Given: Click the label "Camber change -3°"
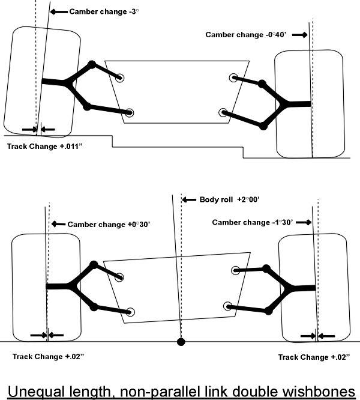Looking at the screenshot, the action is click(104, 12).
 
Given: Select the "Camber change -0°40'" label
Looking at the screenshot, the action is click(246, 35).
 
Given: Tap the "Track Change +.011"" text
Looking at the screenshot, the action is click(45, 147).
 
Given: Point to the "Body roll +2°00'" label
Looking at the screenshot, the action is click(229, 199).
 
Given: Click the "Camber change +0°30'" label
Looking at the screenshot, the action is click(109, 225).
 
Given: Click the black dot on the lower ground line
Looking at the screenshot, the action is click(181, 342).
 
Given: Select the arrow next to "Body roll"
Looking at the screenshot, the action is click(189, 199).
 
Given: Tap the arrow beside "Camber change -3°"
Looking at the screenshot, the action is click(59, 12).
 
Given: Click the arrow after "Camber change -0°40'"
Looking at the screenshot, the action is click(299, 35).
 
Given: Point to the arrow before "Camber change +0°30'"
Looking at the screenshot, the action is click(58, 224).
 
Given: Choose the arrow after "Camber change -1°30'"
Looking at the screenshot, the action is click(304, 222).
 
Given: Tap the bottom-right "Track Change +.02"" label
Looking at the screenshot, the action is click(314, 357).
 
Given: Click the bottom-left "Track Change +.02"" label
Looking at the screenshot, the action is click(48, 357).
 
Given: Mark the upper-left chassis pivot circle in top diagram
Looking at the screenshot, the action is click(120, 78).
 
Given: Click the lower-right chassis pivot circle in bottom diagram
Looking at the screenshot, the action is click(228, 306).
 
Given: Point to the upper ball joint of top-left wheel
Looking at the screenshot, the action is click(91, 64).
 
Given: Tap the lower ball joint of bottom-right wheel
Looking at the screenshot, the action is click(268, 311).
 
